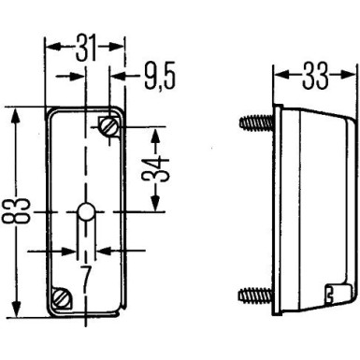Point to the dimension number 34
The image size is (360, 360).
pyautogui.click(x=161, y=167)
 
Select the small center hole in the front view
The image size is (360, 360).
pyautogui.click(x=85, y=213)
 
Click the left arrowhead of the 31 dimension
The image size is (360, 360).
pyautogui.click(x=50, y=45)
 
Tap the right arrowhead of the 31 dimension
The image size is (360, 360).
pyautogui.click(x=120, y=45)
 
